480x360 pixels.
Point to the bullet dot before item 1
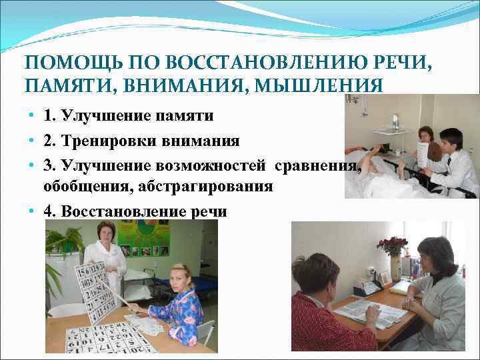(x=32, y=117)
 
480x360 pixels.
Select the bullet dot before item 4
(x=32, y=212)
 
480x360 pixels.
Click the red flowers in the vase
(x=392, y=245)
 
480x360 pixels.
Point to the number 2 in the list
(x=48, y=141)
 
